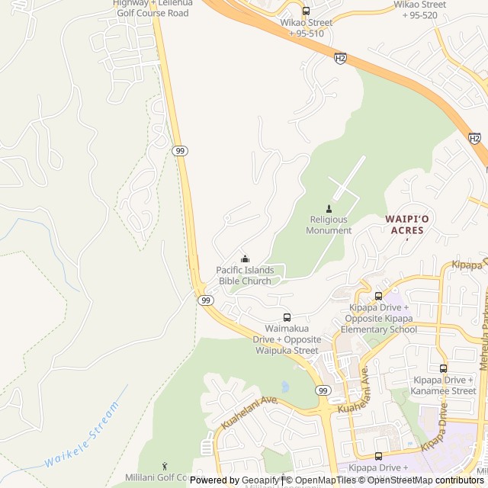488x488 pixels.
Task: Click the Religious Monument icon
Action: click(329, 208)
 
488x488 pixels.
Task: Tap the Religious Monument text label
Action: click(327, 225)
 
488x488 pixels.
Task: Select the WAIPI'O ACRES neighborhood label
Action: click(407, 225)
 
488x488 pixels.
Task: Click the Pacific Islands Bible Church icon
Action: click(245, 259)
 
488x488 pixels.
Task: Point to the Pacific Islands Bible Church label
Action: click(245, 275)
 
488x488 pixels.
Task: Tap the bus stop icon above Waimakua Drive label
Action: click(287, 317)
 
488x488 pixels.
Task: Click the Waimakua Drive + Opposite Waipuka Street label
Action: click(286, 339)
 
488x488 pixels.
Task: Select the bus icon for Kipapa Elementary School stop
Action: click(378, 297)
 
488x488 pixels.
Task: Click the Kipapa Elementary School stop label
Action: click(379, 319)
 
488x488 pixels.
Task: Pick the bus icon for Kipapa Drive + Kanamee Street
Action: click(444, 368)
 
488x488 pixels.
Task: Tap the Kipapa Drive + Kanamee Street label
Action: click(443, 385)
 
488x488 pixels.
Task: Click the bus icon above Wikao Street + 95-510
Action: click(307, 11)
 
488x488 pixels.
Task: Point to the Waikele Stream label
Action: click(83, 435)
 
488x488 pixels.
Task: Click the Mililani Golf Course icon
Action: click(165, 465)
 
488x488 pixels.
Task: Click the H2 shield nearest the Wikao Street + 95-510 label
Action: click(340, 57)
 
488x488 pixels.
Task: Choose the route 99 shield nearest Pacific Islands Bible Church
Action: click(206, 300)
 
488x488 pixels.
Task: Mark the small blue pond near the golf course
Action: click(285, 387)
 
